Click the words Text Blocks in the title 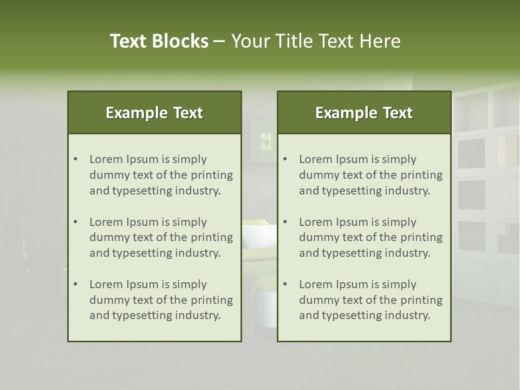[x=159, y=41]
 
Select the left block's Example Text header [x=154, y=113]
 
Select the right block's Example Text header [x=364, y=113]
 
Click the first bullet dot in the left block [x=76, y=159]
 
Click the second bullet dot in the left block [x=76, y=222]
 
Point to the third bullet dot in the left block [x=76, y=284]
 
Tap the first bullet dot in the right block [x=285, y=159]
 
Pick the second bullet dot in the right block [x=285, y=222]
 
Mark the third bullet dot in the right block [x=285, y=284]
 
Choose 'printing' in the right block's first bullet [x=423, y=175]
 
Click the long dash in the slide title [x=219, y=41]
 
